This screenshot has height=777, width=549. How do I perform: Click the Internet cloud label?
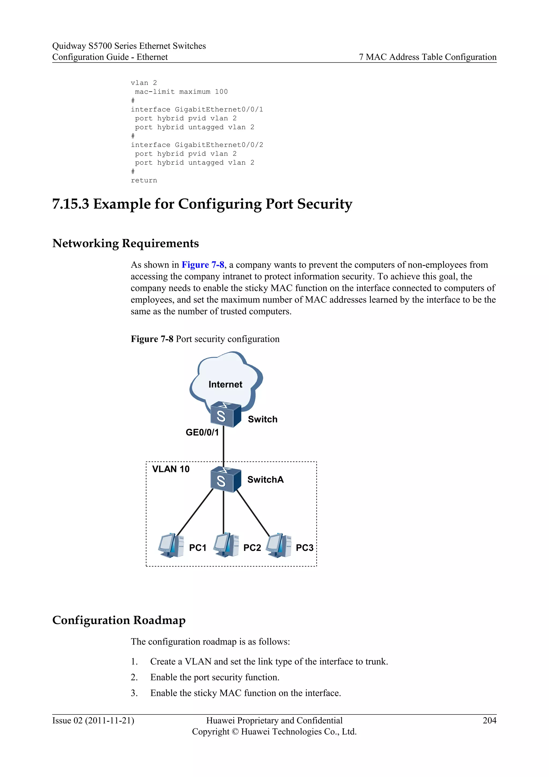(x=225, y=384)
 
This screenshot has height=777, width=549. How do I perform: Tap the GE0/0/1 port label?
(x=202, y=432)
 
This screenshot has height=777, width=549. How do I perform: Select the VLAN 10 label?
(x=171, y=469)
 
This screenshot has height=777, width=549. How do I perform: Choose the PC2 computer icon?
(x=226, y=545)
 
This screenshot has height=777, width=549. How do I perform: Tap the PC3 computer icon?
(x=279, y=545)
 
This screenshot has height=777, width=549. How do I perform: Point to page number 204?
(x=489, y=720)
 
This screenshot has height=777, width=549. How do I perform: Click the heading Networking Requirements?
(x=125, y=243)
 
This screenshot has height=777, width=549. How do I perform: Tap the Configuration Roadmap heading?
(x=119, y=620)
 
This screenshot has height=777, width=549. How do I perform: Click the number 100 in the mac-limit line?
(x=221, y=92)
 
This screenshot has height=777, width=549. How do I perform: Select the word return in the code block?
(x=144, y=180)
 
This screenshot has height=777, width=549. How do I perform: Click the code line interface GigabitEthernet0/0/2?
(x=197, y=145)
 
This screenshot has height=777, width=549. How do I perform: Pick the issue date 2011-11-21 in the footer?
(x=110, y=720)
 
